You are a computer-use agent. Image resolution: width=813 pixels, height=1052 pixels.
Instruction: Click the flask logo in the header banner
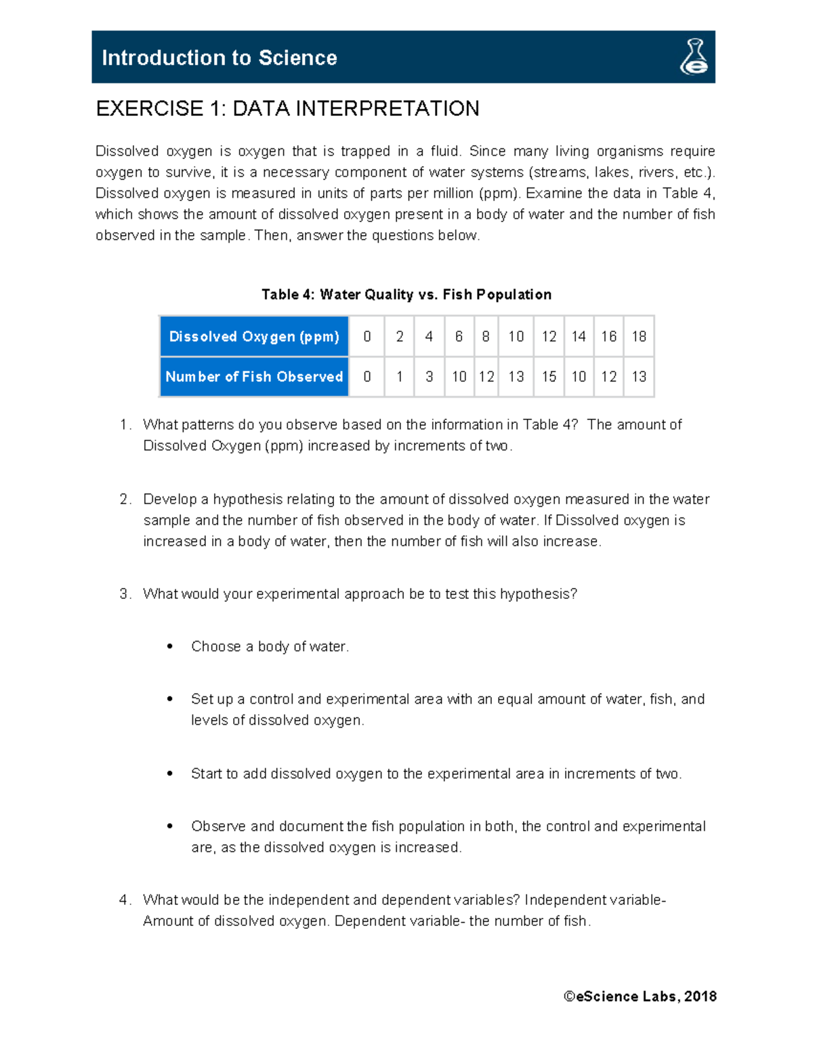[694, 57]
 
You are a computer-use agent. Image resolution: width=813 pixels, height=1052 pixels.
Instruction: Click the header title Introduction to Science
[219, 58]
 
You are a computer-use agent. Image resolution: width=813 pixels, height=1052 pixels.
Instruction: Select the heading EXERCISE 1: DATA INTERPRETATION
[287, 108]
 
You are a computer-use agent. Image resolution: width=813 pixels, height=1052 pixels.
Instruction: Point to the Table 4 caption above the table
[406, 295]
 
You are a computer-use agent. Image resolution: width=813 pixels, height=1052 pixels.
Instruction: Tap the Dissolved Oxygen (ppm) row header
[254, 337]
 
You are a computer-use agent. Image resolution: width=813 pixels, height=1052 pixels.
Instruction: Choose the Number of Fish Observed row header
[254, 377]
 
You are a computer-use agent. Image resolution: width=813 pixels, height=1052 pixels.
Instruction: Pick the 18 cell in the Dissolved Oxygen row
[638, 337]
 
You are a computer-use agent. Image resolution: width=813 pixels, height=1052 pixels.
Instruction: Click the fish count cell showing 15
[549, 377]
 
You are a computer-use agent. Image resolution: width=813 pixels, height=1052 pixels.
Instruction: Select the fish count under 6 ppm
[459, 377]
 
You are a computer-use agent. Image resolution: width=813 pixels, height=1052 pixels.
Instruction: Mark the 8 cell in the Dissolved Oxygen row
[486, 337]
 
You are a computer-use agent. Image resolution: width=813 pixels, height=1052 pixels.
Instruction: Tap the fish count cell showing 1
[399, 377]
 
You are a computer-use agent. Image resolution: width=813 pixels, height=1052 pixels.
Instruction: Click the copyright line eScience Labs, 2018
[640, 996]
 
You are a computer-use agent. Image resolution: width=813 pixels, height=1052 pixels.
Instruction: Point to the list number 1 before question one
[124, 425]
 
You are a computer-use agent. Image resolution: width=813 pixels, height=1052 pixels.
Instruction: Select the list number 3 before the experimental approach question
[124, 594]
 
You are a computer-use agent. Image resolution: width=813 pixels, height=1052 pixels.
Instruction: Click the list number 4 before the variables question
[124, 900]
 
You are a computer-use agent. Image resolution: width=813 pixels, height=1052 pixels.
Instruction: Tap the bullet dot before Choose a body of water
[170, 647]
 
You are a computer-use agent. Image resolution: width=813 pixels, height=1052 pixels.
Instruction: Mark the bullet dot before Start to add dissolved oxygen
[170, 774]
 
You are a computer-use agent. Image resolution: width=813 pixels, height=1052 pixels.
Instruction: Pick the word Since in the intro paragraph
[486, 151]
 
